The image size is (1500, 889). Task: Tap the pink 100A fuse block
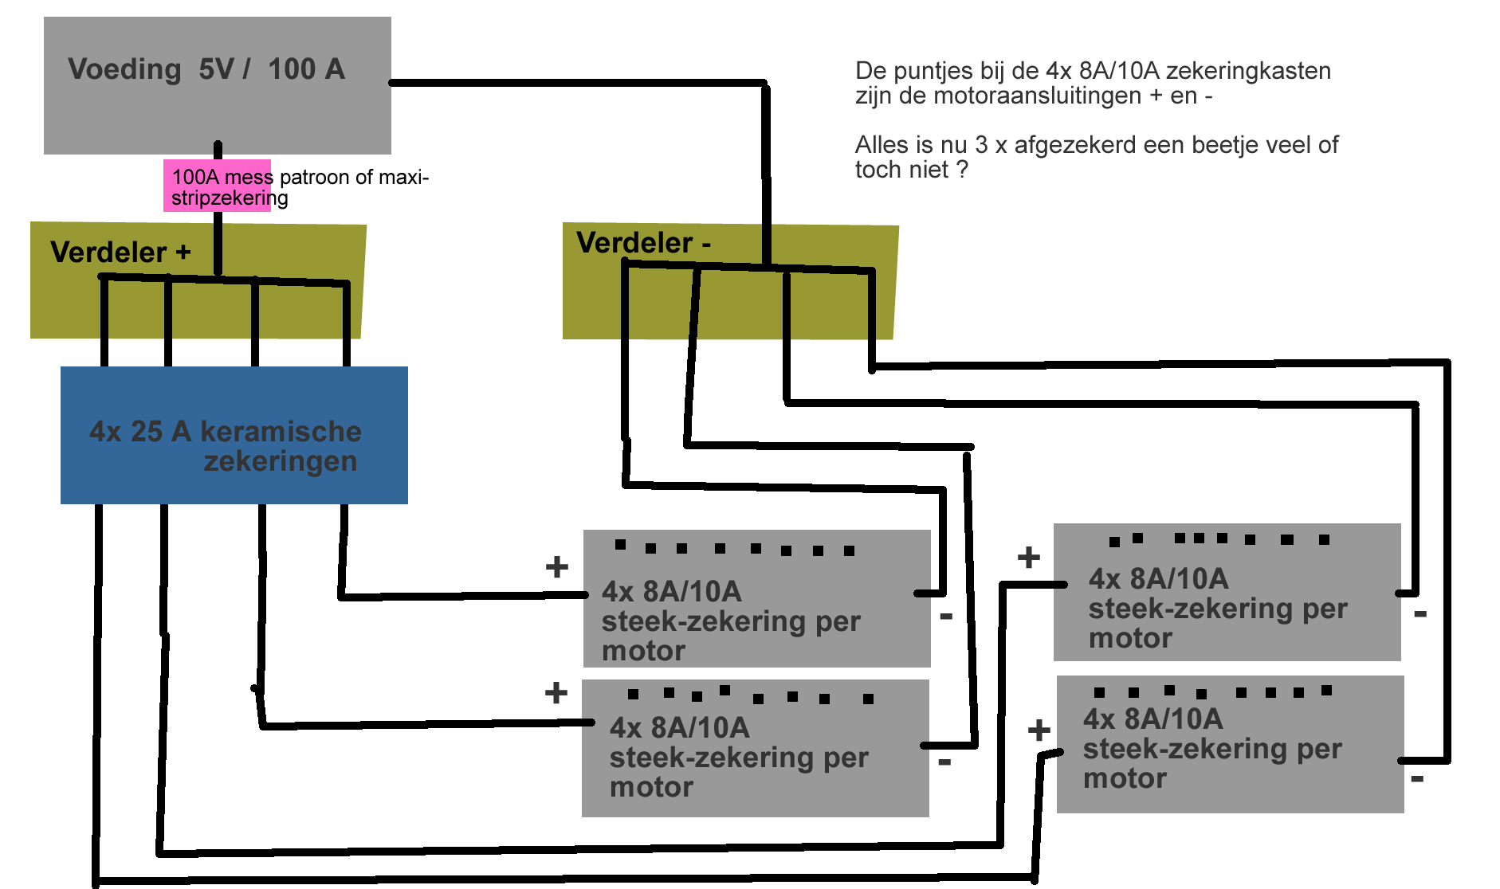[217, 186]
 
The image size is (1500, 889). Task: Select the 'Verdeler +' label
[120, 253]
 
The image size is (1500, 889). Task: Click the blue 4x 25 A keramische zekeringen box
[234, 435]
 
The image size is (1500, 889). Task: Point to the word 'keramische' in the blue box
[281, 431]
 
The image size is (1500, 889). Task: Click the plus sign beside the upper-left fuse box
[557, 567]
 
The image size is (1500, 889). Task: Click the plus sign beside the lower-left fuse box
[556, 692]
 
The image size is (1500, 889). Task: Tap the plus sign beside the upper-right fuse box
[1029, 557]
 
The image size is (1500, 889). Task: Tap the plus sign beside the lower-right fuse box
[1039, 730]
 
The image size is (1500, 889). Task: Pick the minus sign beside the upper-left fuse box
[946, 616]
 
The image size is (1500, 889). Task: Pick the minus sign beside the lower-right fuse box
[1417, 778]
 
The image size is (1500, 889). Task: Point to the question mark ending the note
[962, 170]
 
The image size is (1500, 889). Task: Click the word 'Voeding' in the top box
[124, 69]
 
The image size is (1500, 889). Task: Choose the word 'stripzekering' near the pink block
[230, 198]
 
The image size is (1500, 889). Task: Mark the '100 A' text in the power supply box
[306, 69]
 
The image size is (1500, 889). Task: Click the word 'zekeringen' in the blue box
[281, 461]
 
